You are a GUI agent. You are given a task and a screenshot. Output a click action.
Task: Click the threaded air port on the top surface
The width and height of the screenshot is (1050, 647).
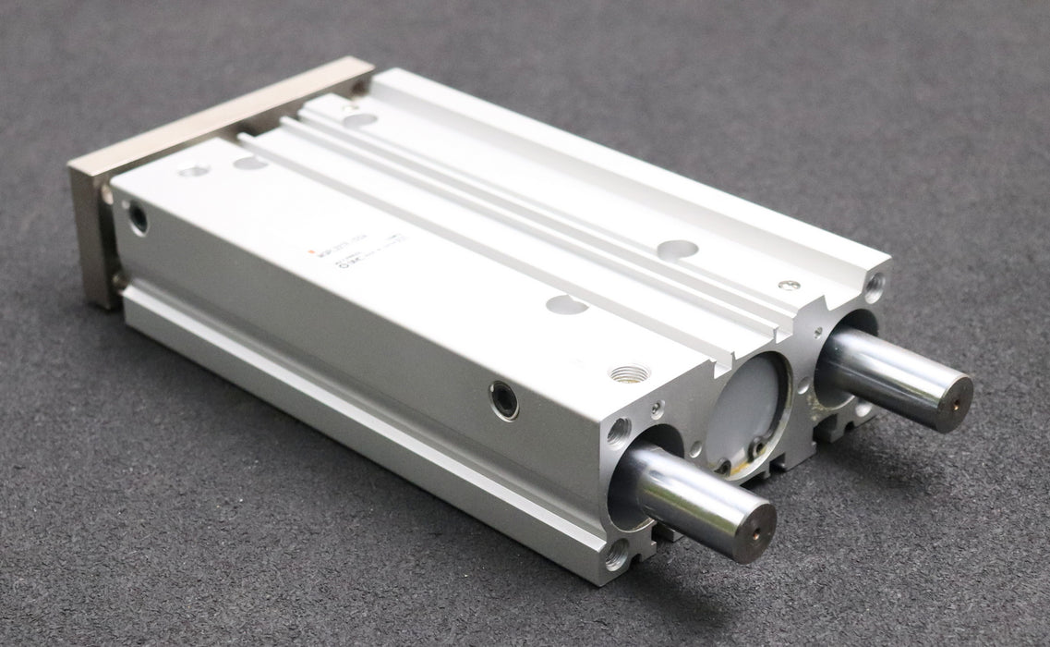point(630,372)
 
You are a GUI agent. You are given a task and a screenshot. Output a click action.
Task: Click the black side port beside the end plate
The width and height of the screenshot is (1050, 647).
point(138,219)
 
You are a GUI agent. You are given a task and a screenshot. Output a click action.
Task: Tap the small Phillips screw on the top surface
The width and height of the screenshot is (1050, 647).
point(788,285)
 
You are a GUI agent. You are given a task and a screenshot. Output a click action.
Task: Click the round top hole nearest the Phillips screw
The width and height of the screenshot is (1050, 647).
point(678,249)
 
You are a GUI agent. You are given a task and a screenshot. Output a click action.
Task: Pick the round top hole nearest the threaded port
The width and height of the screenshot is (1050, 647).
point(566,304)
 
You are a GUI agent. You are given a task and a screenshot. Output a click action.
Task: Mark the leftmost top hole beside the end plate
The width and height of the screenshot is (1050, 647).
point(193,170)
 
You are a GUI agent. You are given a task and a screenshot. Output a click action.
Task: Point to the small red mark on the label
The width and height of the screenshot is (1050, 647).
point(310,250)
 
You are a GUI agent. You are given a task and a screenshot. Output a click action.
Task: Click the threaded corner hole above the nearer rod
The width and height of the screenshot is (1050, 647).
point(617,430)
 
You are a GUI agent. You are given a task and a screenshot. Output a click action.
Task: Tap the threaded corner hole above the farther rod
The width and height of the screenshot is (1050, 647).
point(872,286)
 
